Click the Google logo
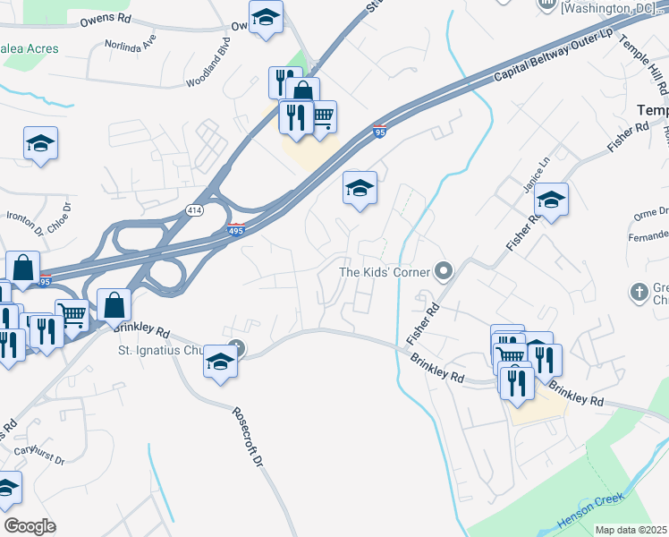point(30,526)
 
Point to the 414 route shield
point(194,209)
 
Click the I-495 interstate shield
point(237,230)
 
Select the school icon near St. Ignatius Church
point(220,362)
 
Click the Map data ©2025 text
point(631,530)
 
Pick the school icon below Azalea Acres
point(40,143)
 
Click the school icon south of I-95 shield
point(360,188)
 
